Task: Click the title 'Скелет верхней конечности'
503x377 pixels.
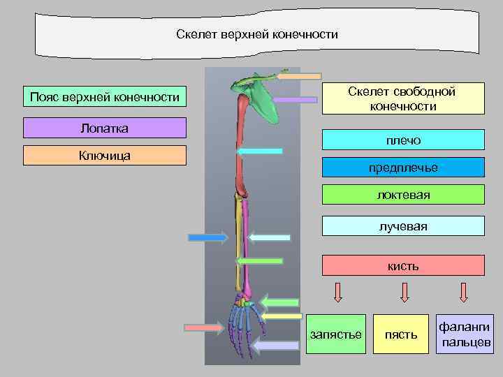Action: tap(257, 34)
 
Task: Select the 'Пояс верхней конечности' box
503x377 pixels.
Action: tap(105, 96)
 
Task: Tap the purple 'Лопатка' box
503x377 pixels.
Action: tap(105, 128)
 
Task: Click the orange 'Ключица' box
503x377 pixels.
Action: tap(105, 155)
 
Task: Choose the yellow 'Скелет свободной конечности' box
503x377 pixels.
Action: tap(402, 99)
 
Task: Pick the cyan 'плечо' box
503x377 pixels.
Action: tap(403, 140)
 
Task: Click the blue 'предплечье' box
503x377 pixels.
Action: tap(403, 168)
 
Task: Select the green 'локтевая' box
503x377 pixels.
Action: tap(403, 195)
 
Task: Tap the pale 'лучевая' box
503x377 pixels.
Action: tap(403, 226)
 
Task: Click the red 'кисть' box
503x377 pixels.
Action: tap(403, 265)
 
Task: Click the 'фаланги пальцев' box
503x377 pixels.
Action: tap(465, 334)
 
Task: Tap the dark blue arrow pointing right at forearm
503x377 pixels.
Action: tap(207, 237)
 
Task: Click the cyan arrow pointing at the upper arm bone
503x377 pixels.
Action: tap(259, 151)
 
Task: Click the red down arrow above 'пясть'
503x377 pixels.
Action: tap(404, 292)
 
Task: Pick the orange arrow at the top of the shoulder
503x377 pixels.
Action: tap(298, 75)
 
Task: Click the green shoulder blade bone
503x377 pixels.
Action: tap(259, 101)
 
